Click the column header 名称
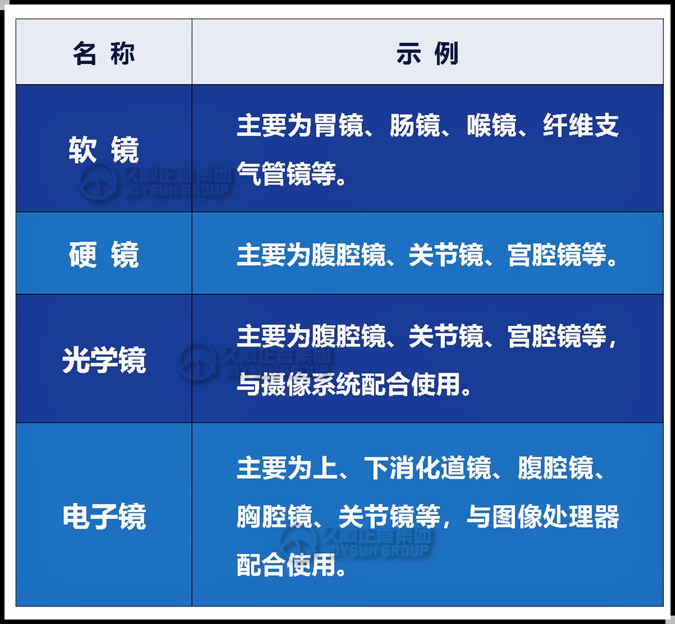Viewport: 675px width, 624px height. pyautogui.click(x=104, y=53)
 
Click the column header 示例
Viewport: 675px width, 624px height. pyautogui.click(x=428, y=53)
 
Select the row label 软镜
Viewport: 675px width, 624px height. pyautogui.click(x=104, y=150)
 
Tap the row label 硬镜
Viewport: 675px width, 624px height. pyautogui.click(x=104, y=255)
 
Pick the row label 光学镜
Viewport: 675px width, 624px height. pyautogui.click(x=104, y=360)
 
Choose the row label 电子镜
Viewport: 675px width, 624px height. pyautogui.click(x=104, y=516)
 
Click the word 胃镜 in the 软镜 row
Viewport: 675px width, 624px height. pyautogui.click(x=338, y=126)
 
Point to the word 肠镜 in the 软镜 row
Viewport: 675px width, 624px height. pyautogui.click(x=415, y=126)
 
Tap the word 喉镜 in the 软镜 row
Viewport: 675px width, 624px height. pyautogui.click(x=492, y=126)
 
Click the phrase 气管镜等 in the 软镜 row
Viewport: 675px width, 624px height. pyautogui.click(x=287, y=174)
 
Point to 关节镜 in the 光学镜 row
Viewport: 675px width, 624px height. pyautogui.click(x=446, y=336)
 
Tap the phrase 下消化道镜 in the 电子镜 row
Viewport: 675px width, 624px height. pyautogui.click(x=428, y=468)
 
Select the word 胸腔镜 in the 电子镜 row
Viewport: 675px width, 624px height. pyautogui.click(x=274, y=516)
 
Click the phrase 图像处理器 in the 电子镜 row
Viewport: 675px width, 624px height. pyautogui.click(x=555, y=516)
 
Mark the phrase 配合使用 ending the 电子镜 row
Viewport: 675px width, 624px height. pyautogui.click(x=287, y=565)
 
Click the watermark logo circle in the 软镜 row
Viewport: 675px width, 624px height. pyautogui.click(x=99, y=182)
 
